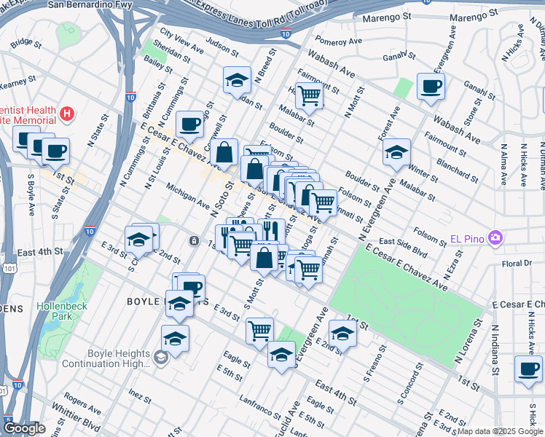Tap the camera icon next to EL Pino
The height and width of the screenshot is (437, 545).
point(496,237)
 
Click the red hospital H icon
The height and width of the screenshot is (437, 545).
point(67,114)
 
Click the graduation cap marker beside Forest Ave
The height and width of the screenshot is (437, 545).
point(396,151)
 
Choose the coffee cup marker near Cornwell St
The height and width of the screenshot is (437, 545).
point(190,123)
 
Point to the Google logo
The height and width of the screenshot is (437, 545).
point(24,428)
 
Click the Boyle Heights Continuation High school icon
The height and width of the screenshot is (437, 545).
point(160,357)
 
